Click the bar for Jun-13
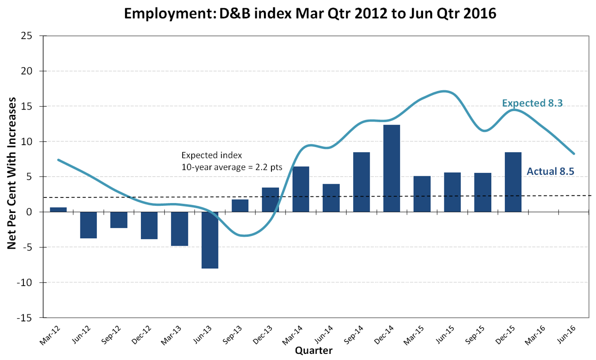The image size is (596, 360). tap(210, 240)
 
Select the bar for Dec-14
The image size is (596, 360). tap(392, 168)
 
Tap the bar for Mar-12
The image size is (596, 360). tap(58, 210)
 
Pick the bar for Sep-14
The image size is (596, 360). tap(361, 182)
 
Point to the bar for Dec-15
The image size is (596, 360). tap(513, 182)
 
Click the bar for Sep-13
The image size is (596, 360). tap(240, 206)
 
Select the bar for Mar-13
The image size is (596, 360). tap(179, 229)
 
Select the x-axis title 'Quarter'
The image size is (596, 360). tap(314, 351)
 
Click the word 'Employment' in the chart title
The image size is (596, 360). tap(167, 14)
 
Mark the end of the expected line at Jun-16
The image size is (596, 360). tap(574, 154)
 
